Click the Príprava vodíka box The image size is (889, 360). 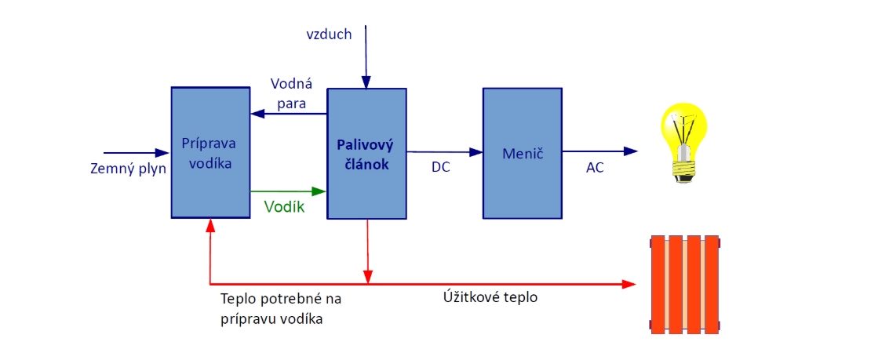tap(209, 152)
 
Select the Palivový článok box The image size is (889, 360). tap(366, 154)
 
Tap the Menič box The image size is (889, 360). tap(522, 152)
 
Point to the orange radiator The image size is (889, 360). tap(685, 285)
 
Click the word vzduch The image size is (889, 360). tap(329, 34)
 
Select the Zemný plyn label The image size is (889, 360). tap(129, 167)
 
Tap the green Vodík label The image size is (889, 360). tap(283, 207)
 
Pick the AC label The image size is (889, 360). tap(595, 167)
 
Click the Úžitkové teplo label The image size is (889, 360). tap(490, 298)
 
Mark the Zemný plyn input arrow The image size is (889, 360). tap(138, 152)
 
